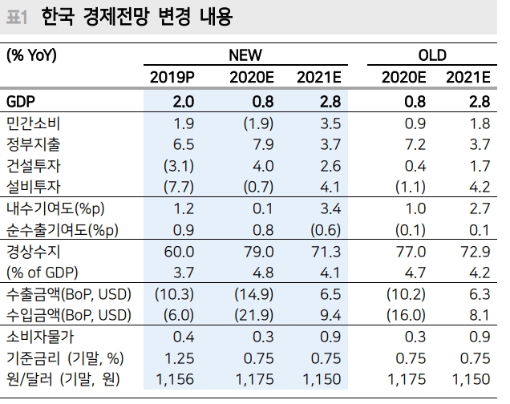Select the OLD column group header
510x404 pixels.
point(432,55)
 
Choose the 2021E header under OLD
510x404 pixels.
point(468,78)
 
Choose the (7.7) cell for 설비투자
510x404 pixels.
point(178,186)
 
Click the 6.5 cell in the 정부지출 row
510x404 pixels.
point(183,144)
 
